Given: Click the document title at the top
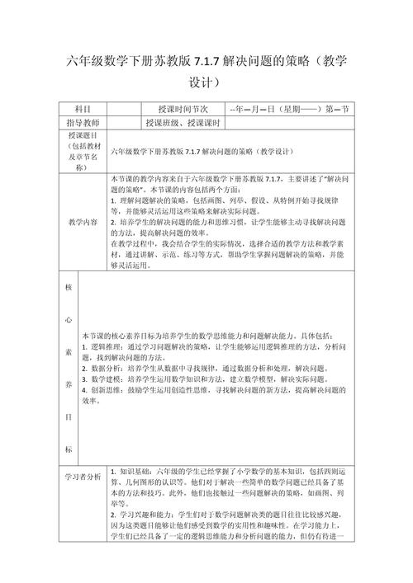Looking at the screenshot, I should [x=206, y=72].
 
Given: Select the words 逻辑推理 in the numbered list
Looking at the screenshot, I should [x=129, y=347].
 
